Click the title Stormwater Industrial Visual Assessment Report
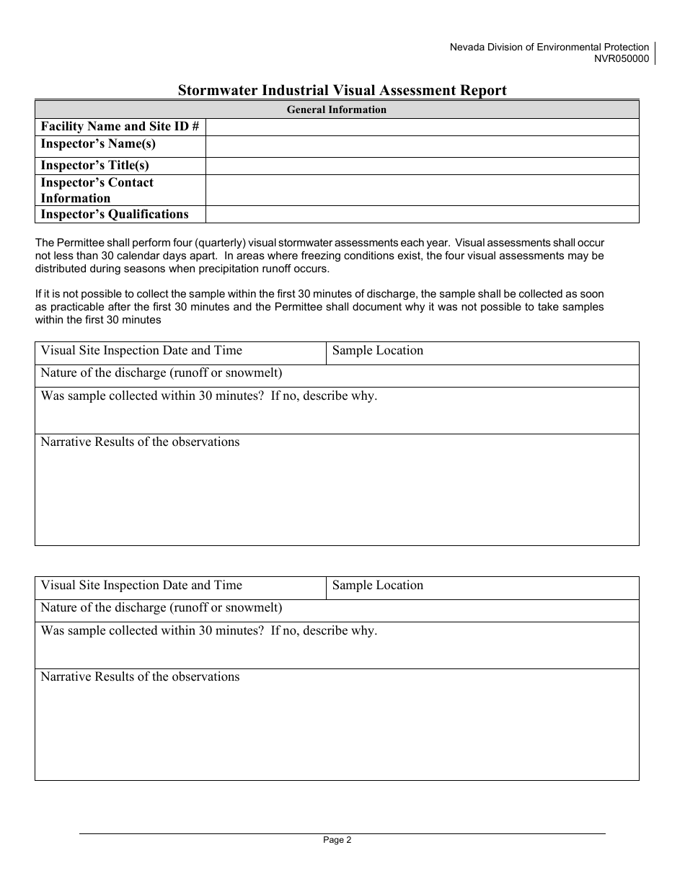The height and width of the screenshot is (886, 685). (342, 90)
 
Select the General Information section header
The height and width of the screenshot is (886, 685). (337, 109)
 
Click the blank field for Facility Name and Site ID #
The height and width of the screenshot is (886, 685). (422, 127)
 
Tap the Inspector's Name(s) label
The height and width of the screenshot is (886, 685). (98, 144)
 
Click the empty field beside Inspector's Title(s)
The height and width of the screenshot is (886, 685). (422, 166)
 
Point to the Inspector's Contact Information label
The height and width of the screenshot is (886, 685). (97, 190)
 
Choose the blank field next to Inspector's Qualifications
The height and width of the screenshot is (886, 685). (422, 214)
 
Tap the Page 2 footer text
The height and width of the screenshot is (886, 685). (337, 839)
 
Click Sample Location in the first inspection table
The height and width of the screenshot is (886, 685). (377, 351)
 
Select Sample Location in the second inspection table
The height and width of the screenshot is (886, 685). (377, 586)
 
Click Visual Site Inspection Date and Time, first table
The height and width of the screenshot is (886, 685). (141, 351)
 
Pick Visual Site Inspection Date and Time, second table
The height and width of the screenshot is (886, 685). (141, 586)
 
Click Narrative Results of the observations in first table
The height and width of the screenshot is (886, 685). (140, 442)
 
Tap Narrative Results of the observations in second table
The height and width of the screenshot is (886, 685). (140, 677)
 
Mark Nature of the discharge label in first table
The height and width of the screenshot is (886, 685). (161, 373)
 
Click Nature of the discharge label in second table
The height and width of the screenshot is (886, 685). (161, 608)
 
